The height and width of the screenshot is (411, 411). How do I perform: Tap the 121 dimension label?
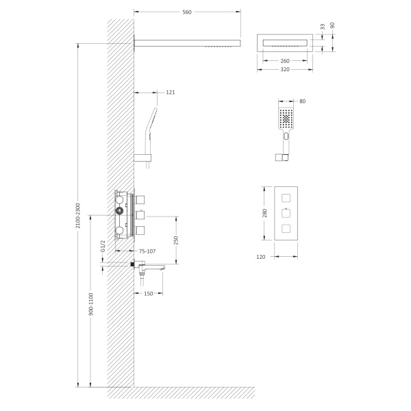[171, 92]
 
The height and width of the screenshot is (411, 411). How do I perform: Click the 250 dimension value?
[176, 240]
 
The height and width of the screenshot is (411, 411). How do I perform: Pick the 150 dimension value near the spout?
[147, 294]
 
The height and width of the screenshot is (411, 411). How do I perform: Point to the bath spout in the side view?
[154, 268]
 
